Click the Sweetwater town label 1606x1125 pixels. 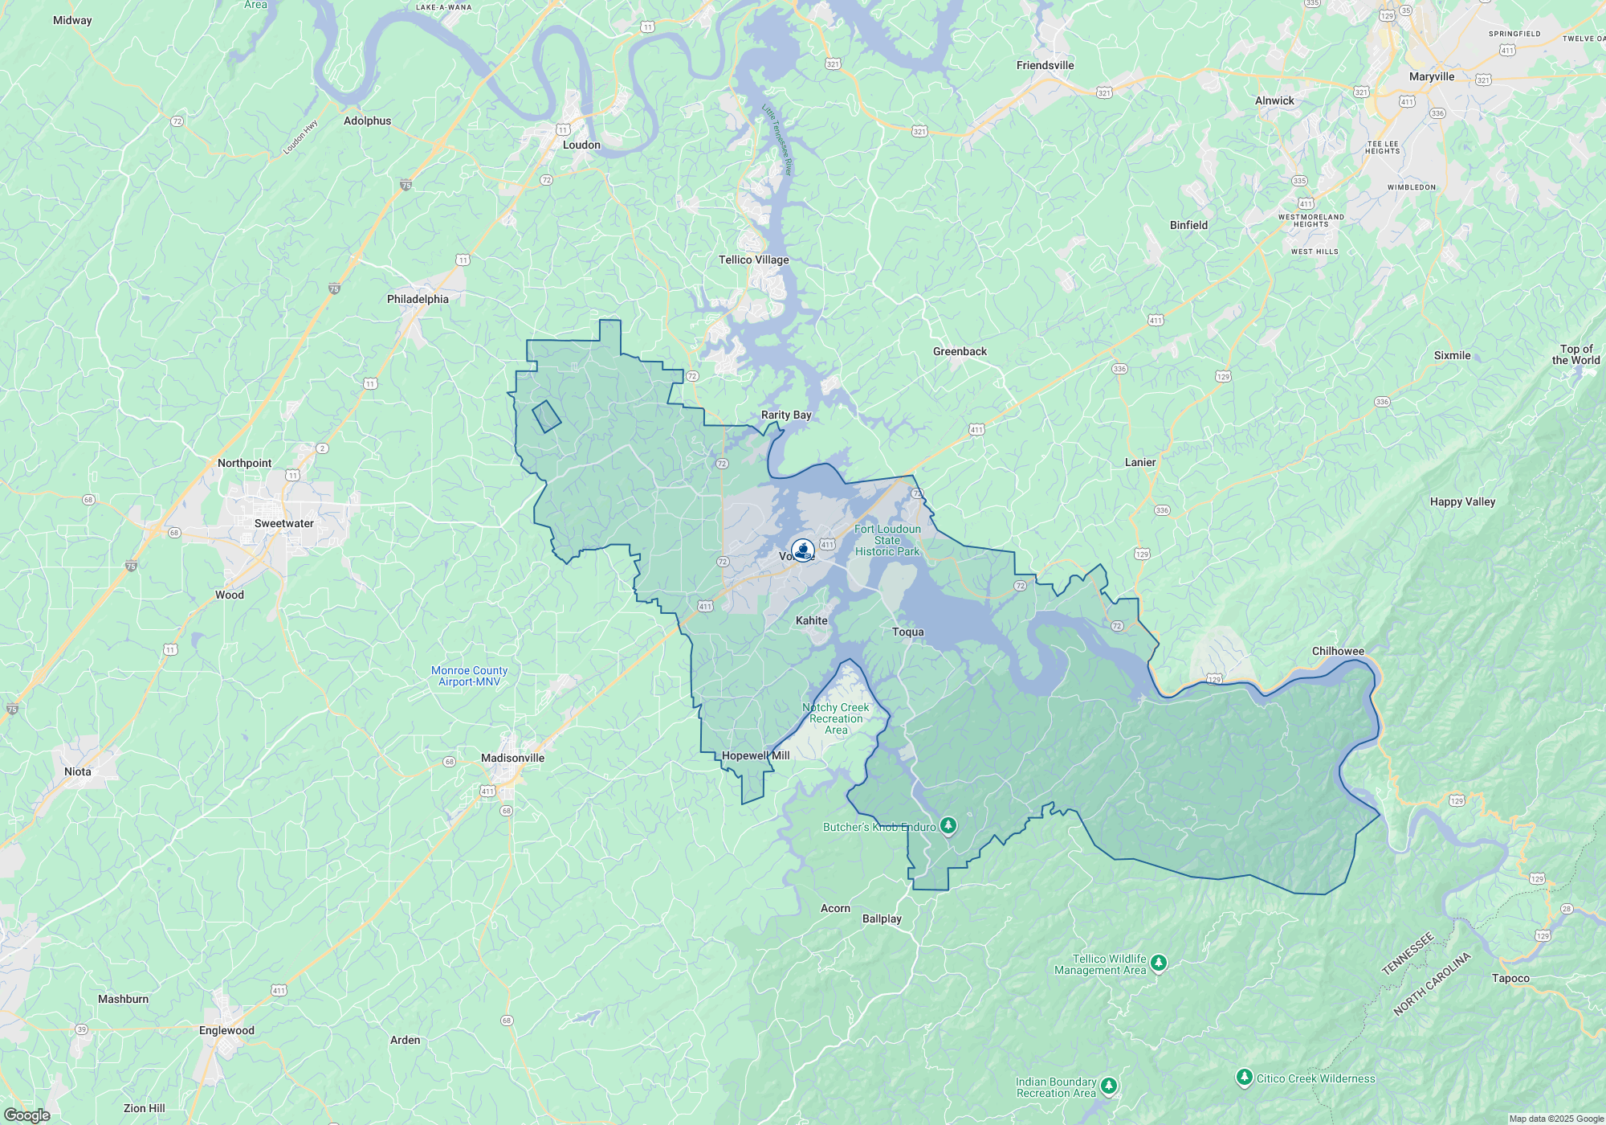click(283, 523)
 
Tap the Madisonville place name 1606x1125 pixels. click(512, 758)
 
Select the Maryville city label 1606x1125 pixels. click(1432, 76)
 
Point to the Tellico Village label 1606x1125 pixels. click(753, 260)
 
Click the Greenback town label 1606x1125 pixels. click(960, 351)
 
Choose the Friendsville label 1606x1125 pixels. click(1045, 65)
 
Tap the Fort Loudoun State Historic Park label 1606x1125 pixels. click(887, 540)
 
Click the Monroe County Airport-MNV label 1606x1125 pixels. click(469, 676)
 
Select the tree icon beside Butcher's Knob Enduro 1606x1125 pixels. click(948, 825)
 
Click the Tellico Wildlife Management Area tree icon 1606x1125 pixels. click(1158, 963)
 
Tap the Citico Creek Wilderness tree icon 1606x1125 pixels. click(1244, 1077)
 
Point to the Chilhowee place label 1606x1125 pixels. click(1338, 651)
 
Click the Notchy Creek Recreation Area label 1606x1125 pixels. click(835, 718)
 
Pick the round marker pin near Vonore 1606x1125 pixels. click(803, 550)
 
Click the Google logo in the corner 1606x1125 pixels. click(27, 1115)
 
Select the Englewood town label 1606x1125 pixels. click(226, 1030)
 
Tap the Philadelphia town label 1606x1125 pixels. click(418, 299)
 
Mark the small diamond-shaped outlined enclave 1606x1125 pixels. click(547, 416)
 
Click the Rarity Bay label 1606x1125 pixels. click(786, 415)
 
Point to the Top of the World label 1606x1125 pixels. click(1575, 354)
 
